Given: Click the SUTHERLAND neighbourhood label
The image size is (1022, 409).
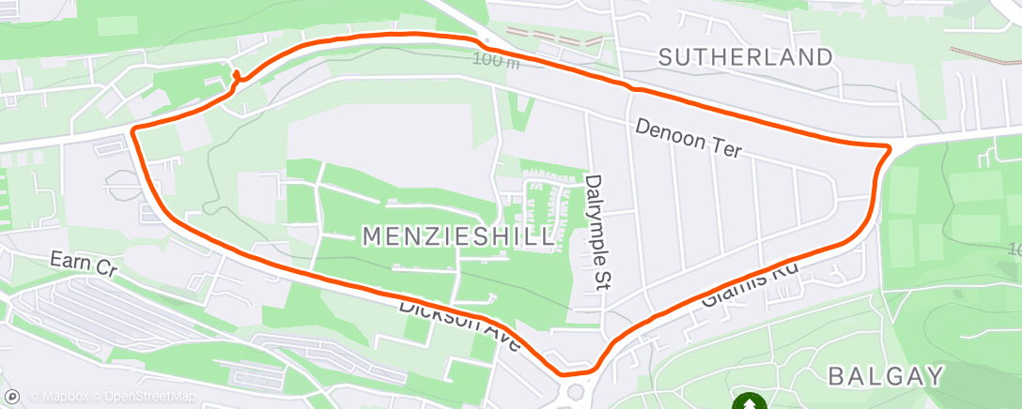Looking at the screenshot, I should tap(745, 57).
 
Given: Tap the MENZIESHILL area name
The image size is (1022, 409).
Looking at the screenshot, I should tap(458, 237).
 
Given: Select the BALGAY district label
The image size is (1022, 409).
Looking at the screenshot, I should tap(885, 377).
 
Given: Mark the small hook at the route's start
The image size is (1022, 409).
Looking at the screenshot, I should tap(236, 76).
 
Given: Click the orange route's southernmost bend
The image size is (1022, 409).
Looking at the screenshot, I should tap(566, 372).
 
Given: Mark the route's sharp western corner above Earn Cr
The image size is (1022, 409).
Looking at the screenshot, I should tap(134, 129).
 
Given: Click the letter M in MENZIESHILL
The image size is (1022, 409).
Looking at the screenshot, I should tap(373, 237).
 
